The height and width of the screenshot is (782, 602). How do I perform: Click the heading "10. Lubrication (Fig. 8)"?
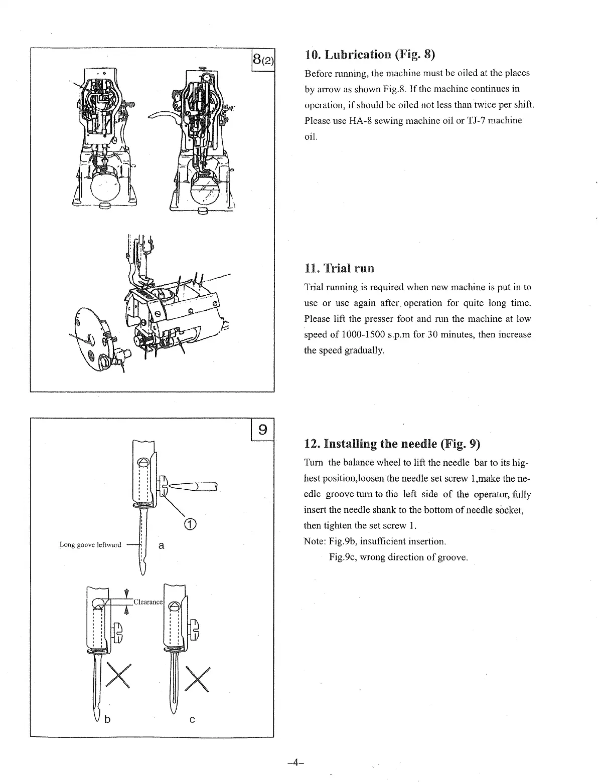click(x=369, y=55)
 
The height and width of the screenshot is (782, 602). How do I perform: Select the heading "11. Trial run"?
click(x=339, y=268)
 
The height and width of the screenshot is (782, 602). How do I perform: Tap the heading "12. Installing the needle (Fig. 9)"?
click(x=392, y=444)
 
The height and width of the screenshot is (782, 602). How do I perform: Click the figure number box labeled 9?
click(x=262, y=429)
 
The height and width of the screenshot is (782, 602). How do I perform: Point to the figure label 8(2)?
click(x=262, y=61)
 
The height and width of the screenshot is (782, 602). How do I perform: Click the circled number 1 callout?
click(x=190, y=524)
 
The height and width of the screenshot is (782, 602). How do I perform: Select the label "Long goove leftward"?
click(x=90, y=544)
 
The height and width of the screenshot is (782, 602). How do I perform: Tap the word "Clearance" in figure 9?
click(x=148, y=602)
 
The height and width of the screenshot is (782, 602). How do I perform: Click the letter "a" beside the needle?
click(x=161, y=545)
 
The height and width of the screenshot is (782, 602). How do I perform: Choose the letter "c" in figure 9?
click(x=192, y=720)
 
